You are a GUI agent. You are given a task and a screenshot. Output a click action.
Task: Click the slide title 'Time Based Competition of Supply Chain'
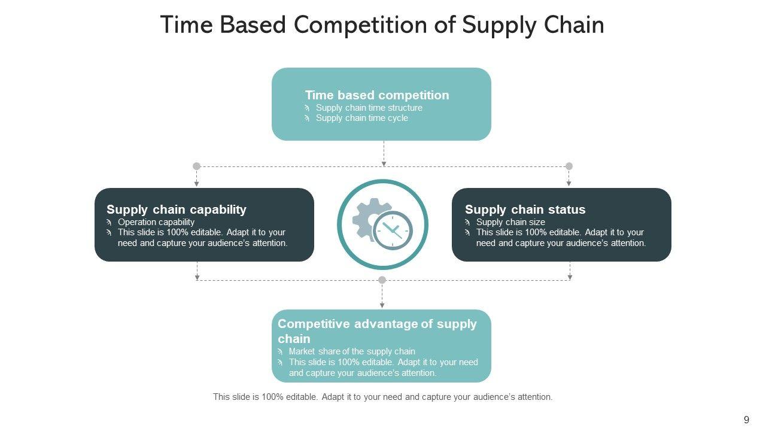coord(382,25)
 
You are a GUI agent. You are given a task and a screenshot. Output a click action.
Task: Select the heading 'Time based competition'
coord(377,95)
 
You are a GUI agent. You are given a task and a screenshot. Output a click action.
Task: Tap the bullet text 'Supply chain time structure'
coord(369,108)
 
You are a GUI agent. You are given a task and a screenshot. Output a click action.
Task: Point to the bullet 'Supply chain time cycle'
coord(361,118)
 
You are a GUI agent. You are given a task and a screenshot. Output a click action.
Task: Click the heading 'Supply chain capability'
coord(177,210)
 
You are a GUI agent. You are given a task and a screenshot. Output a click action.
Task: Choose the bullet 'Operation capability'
coord(156,222)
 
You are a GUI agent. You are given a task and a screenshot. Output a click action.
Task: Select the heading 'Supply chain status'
coord(525,210)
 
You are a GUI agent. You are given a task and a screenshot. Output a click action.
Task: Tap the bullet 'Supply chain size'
coord(510,222)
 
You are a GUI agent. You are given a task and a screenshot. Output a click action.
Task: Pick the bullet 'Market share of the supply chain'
coord(352,351)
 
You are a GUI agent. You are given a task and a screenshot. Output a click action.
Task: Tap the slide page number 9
coord(746,420)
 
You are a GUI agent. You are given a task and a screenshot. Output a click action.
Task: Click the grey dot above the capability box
coord(196,166)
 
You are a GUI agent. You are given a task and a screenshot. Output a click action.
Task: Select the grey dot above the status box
coord(569,166)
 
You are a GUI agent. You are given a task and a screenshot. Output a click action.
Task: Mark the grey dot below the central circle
coord(382,280)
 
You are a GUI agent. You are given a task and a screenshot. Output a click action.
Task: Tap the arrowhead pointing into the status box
coord(569,184)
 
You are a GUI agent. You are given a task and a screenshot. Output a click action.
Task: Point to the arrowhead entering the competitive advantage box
coord(382,305)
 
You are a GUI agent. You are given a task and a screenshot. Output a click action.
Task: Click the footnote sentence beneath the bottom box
coord(383,397)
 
